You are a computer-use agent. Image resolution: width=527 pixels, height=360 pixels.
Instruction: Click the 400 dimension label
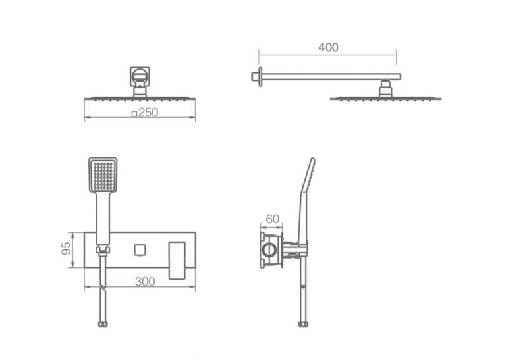tap(328, 47)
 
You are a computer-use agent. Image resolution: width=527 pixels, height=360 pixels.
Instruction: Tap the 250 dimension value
tap(148, 113)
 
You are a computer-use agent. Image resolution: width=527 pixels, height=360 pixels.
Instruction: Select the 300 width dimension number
tap(145, 282)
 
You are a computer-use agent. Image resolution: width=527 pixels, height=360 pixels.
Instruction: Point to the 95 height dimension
tap(67, 249)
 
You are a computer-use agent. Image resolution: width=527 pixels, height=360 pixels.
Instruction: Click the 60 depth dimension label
tap(272, 219)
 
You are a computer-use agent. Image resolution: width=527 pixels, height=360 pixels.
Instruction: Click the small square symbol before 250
tap(134, 114)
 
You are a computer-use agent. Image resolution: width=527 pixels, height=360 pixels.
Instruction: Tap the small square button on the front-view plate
tap(140, 250)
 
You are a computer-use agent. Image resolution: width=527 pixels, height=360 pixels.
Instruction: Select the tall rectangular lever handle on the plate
tap(177, 261)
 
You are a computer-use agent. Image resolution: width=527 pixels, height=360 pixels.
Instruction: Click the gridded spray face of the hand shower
tap(103, 176)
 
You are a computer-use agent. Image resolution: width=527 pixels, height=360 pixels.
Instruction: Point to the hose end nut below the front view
tap(103, 324)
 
